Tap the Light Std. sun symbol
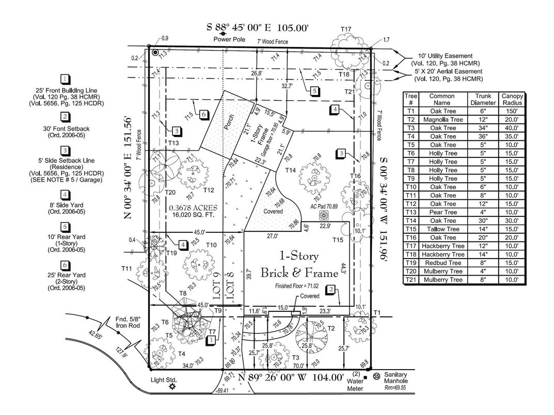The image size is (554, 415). pyautogui.click(x=172, y=387)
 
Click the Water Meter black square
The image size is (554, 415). pyautogui.click(x=365, y=377)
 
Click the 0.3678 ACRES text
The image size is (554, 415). pyautogui.click(x=194, y=208)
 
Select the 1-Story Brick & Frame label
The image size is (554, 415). pyautogui.click(x=299, y=264)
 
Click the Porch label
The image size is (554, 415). pyautogui.click(x=226, y=126)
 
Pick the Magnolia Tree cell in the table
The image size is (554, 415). pyautogui.click(x=442, y=119)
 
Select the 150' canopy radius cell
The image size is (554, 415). pyautogui.click(x=512, y=111)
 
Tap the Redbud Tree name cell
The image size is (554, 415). pyautogui.click(x=442, y=263)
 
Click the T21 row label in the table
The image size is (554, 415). pyautogui.click(x=410, y=280)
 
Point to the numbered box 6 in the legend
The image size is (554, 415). pyautogui.click(x=65, y=265)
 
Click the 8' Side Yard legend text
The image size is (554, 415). pyautogui.click(x=65, y=207)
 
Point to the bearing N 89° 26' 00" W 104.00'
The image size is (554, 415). pyautogui.click(x=291, y=377)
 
